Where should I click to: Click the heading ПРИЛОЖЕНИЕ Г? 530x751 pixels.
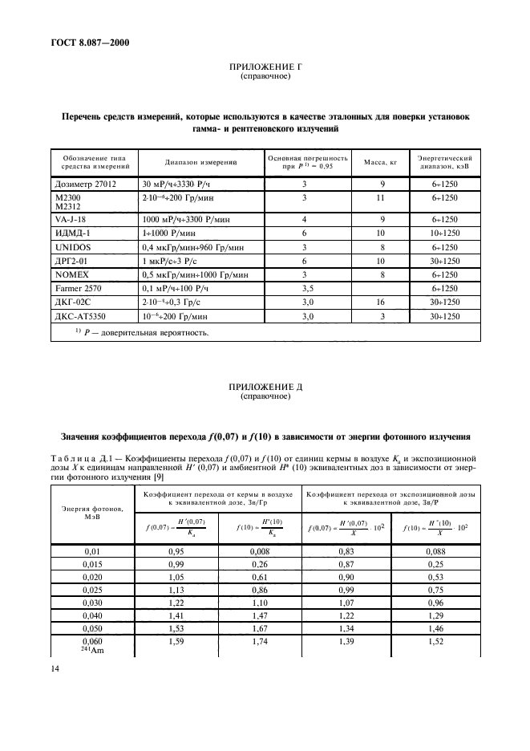[x=265, y=70]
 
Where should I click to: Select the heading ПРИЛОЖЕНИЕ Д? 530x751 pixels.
[x=265, y=386]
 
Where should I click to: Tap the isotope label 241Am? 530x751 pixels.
[x=87, y=649]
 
